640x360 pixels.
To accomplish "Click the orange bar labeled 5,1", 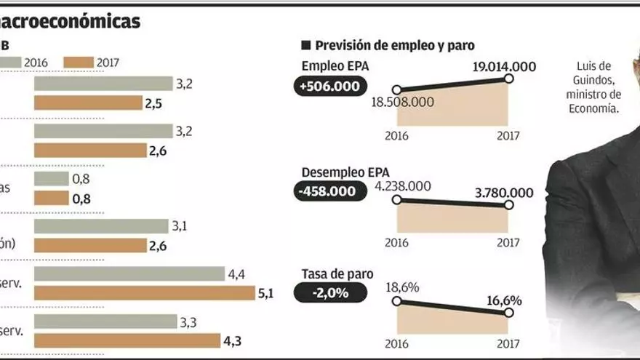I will click(145, 293).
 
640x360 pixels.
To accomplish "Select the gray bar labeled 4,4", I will click(129, 273).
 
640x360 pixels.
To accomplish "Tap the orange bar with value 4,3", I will click(127, 340).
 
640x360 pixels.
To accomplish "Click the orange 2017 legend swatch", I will click(78, 63).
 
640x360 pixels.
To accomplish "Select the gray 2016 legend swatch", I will click(11, 63).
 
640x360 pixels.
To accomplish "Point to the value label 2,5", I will click(153, 103).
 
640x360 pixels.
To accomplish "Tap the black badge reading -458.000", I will click(327, 191).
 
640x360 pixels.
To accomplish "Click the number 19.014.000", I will click(504, 66).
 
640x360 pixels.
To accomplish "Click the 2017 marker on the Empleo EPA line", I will click(508, 79).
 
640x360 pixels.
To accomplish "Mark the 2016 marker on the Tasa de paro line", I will click(396, 300).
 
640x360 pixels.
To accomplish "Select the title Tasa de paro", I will click(337, 274).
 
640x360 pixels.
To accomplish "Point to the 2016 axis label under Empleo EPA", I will click(396, 136).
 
